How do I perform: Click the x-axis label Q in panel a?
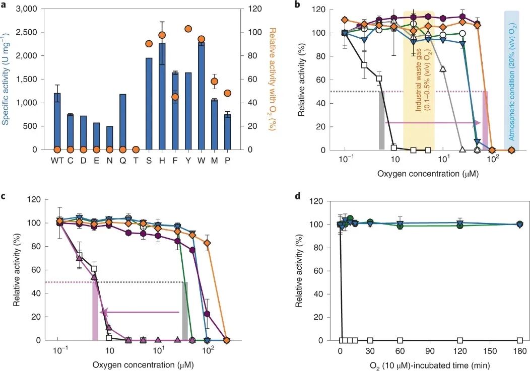pyautogui.click(x=123, y=161)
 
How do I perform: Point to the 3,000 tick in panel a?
pyautogui.click(x=35, y=9)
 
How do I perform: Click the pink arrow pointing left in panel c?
pyautogui.click(x=141, y=313)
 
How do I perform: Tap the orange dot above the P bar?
pyautogui.click(x=227, y=93)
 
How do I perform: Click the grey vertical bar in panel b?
pyautogui.click(x=381, y=121)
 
